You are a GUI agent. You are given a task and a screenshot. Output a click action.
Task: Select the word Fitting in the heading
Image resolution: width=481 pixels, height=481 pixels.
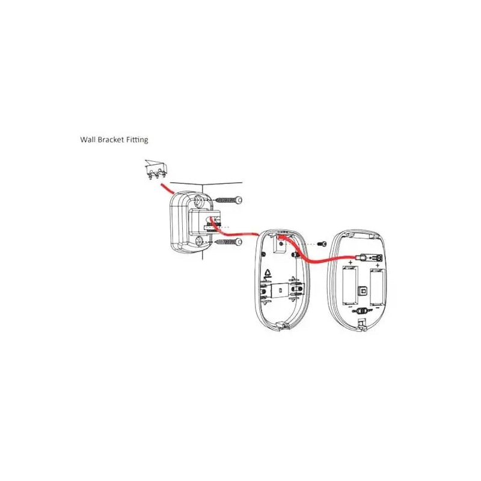pos(138,140)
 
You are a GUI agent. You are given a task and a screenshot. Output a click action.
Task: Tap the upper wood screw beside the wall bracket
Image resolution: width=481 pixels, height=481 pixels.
pos(229,200)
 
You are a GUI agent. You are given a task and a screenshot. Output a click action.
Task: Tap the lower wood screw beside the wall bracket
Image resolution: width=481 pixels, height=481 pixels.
pos(229,242)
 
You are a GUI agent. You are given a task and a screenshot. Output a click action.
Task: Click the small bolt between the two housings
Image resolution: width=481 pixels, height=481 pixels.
pos(322,244)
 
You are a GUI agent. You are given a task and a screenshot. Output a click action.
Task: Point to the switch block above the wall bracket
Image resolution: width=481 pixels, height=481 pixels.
pos(156,170)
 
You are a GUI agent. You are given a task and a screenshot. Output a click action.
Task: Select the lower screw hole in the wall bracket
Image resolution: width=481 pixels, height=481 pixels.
pos(200,241)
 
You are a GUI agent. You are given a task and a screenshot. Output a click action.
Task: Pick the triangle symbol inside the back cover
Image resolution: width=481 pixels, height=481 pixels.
pos(268,273)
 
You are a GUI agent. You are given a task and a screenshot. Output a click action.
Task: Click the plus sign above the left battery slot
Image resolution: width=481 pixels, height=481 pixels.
pos(351,263)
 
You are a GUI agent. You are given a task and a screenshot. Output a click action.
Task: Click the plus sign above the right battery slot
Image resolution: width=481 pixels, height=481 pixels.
pos(378,265)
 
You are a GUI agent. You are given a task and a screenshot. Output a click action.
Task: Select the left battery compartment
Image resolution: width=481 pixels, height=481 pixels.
pos(350,285)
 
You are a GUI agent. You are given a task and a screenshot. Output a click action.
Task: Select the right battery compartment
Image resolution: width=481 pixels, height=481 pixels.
pos(378,287)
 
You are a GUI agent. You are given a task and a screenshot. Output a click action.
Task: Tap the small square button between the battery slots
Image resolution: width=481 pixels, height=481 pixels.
pos(364,290)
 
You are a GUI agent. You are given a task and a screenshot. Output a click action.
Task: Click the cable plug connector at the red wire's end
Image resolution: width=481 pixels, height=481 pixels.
pos(370,258)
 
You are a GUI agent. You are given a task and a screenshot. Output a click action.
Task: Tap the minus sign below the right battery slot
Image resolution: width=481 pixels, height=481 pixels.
pos(378,307)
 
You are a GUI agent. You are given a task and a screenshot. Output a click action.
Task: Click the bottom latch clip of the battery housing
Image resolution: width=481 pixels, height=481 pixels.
pos(362,325)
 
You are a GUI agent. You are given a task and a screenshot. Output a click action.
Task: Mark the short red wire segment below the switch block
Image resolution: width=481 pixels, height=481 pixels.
pos(167,188)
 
